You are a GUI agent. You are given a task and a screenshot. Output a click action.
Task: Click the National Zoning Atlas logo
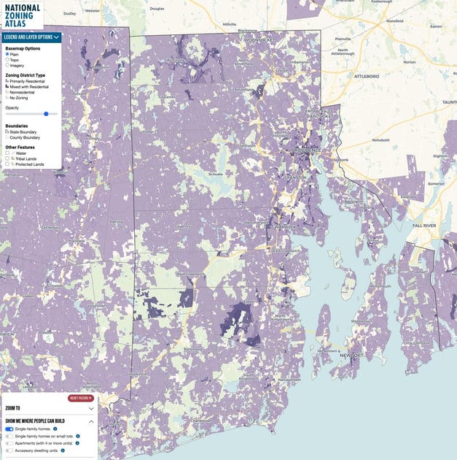(x=21, y=14)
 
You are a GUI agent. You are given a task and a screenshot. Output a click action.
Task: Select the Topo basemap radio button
(x=7, y=59)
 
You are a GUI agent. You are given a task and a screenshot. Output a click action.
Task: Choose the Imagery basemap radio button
(x=7, y=65)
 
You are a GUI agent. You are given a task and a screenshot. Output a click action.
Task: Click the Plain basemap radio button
(x=7, y=54)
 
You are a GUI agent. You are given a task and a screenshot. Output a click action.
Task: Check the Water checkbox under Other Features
(x=7, y=153)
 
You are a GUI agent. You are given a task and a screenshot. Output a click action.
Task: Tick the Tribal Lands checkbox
(x=7, y=158)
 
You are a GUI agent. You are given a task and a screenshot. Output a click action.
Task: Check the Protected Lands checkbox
(x=7, y=164)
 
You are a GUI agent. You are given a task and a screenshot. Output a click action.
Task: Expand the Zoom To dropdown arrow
(x=91, y=409)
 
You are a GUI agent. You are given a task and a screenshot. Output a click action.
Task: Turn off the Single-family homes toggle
(x=9, y=429)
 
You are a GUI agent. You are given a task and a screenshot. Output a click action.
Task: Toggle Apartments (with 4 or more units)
(x=9, y=443)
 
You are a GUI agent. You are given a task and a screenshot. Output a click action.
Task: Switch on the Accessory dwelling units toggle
(x=9, y=451)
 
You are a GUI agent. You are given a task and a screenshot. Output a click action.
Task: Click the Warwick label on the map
(x=287, y=227)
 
